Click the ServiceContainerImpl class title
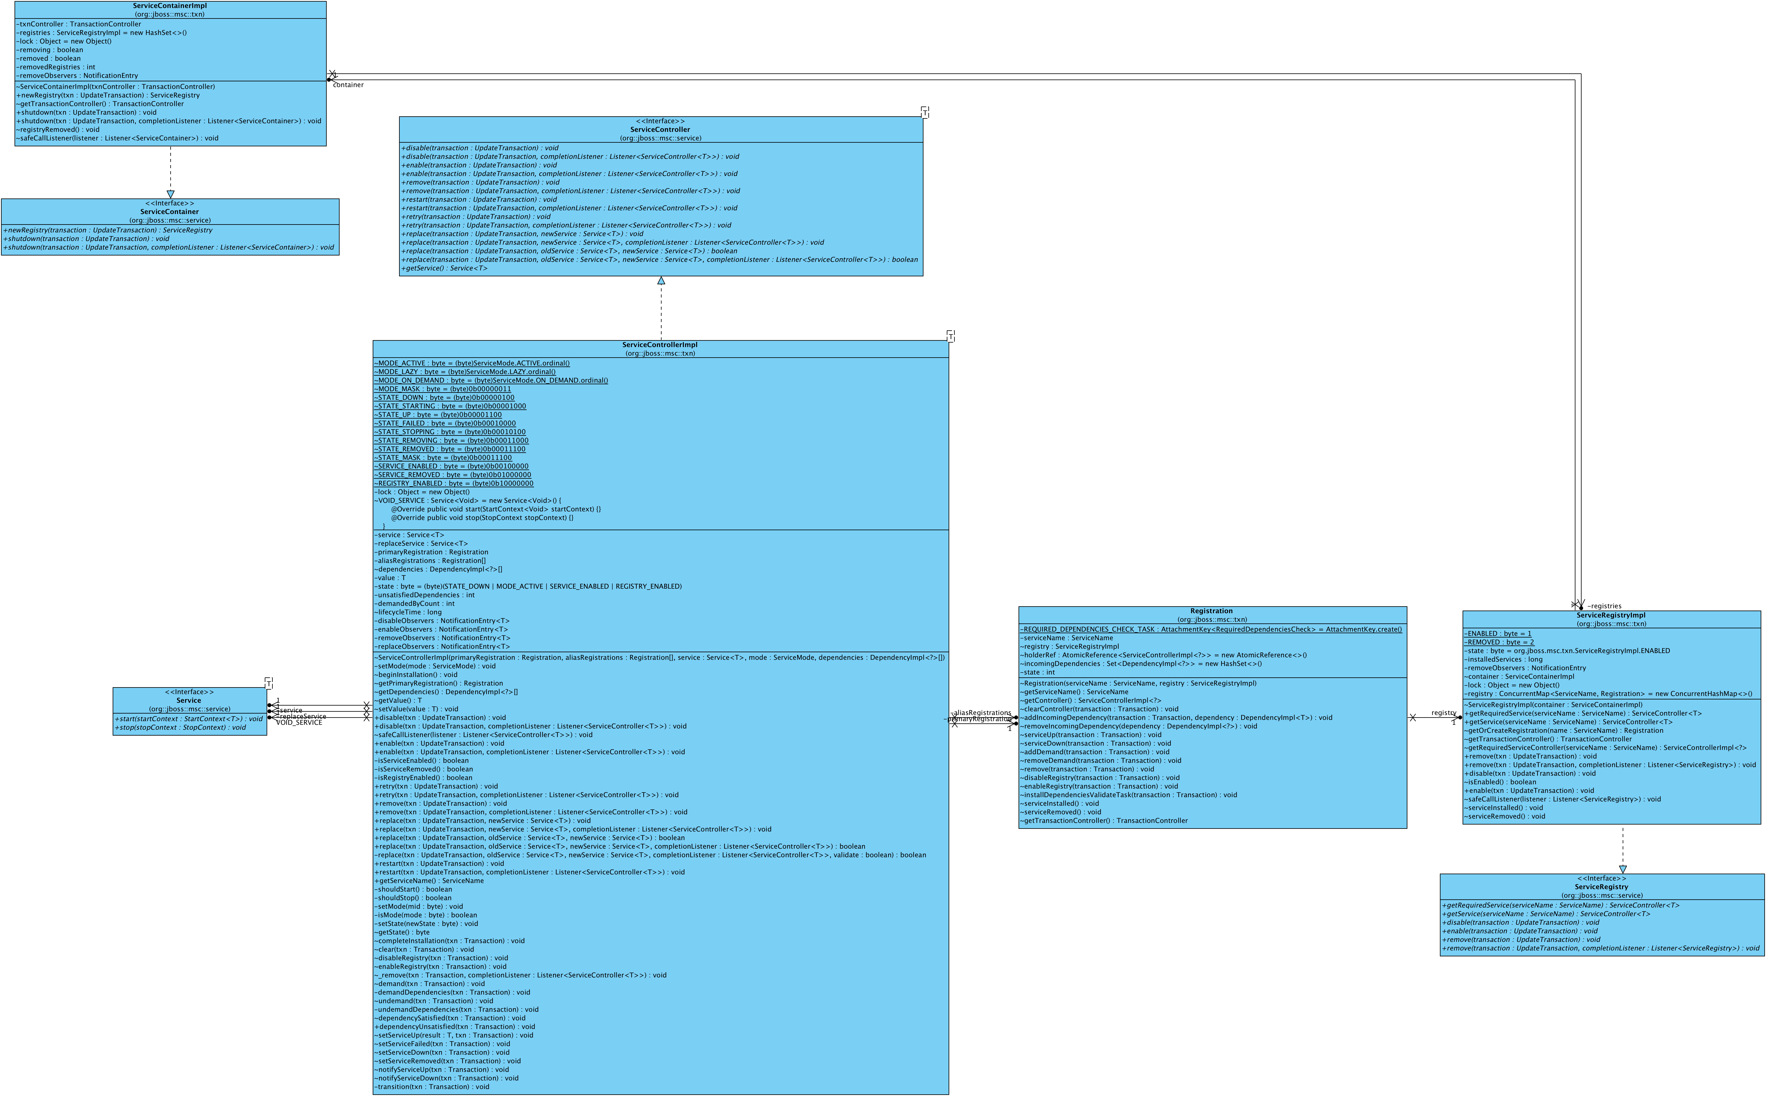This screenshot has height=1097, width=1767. [170, 6]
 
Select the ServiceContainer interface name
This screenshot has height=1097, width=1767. [170, 212]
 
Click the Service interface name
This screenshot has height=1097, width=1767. [189, 701]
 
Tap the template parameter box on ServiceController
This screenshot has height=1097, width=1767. [924, 112]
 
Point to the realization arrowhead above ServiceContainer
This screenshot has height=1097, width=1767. [171, 194]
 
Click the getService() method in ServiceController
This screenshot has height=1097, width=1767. [444, 268]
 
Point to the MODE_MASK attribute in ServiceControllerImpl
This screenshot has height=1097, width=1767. [443, 389]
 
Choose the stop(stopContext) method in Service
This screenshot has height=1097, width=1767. [180, 728]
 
